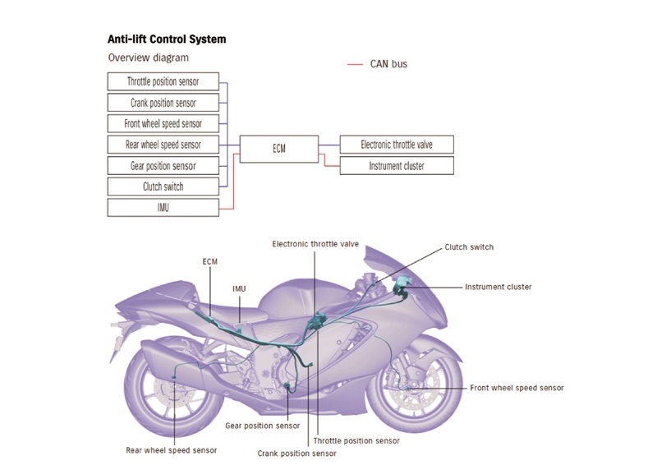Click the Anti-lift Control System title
point(167,39)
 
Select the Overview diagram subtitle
point(149,58)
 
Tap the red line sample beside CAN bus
point(355,64)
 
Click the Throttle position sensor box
point(163,81)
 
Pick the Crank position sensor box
point(163,103)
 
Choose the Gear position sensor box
point(163,166)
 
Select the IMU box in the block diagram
point(163,208)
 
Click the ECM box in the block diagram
point(279,149)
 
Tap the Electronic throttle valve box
point(397,145)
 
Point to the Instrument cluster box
point(397,166)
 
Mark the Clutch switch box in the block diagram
point(163,186)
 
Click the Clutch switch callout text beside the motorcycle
point(469,247)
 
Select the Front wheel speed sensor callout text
point(517,388)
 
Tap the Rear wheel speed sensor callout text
point(172,450)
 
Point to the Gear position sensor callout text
point(262,426)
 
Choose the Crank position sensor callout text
point(296,453)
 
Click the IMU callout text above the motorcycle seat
point(239,288)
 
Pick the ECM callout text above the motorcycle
point(210,261)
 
